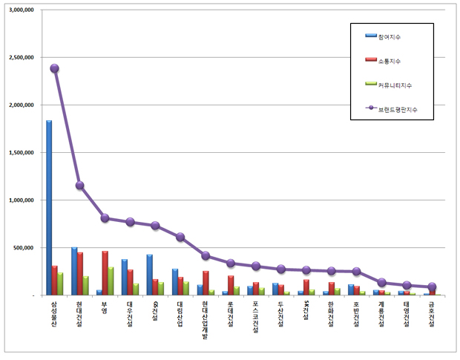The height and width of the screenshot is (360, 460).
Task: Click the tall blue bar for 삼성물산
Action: (x=49, y=208)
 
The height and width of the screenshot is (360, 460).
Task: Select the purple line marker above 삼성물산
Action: (x=54, y=68)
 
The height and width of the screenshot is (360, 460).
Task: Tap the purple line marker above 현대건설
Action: (x=79, y=186)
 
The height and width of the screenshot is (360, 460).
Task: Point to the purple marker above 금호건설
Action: (x=432, y=287)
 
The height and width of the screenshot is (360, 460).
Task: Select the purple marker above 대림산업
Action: (x=180, y=237)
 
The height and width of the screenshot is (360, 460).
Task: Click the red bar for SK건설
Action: (x=306, y=287)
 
